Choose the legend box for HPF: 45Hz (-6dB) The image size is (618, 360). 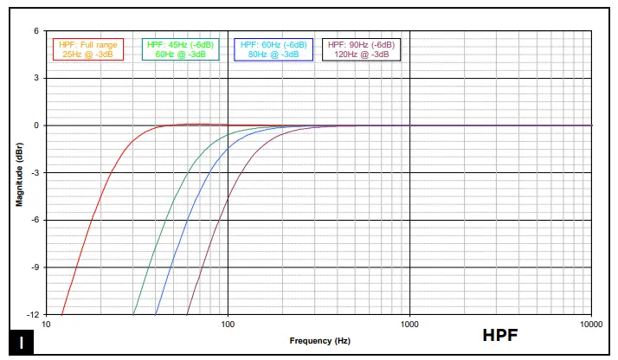tap(180, 49)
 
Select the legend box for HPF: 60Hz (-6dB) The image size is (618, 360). tap(273, 49)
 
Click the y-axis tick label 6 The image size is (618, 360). tap(36, 31)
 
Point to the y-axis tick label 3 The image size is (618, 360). tap(36, 78)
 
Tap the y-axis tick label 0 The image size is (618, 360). tap(36, 125)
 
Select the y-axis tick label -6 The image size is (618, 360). tap(35, 220)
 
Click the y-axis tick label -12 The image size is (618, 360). tap(33, 314)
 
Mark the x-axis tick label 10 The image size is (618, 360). tap(46, 325)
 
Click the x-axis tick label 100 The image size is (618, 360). tap(228, 325)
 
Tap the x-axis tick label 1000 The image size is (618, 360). tap(409, 325)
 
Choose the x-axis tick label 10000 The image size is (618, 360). tap(591, 325)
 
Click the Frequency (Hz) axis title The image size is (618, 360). tap(319, 341)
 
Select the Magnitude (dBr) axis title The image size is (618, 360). tap(19, 173)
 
